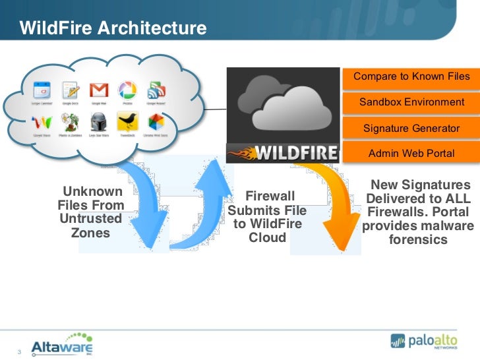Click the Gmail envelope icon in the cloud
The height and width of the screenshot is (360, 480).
98,91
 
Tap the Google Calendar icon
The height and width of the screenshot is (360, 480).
42,91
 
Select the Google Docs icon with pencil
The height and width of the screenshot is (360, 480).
70,91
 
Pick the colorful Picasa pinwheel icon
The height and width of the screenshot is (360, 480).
127,91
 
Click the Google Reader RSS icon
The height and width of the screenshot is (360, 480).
156,91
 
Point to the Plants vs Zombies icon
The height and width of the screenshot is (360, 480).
70,121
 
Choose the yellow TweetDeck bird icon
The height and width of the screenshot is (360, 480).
127,121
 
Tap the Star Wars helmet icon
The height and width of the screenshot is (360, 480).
98,121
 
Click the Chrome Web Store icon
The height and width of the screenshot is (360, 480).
156,121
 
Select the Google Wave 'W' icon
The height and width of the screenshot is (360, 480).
42,122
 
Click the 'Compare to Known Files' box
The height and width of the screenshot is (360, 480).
411,76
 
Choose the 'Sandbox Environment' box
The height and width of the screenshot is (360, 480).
411,102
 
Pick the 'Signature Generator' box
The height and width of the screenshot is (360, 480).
411,128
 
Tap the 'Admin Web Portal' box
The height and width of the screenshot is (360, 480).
411,153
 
